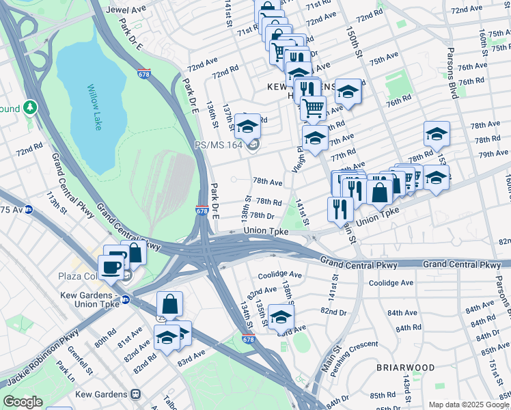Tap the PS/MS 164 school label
(x=219, y=144)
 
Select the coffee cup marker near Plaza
(x=111, y=267)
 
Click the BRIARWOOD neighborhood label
(x=405, y=367)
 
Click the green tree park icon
(x=29, y=108)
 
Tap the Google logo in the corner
(x=23, y=402)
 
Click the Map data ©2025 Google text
(x=469, y=405)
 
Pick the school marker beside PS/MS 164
(x=247, y=126)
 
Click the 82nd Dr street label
(x=333, y=312)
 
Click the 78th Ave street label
(x=268, y=182)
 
